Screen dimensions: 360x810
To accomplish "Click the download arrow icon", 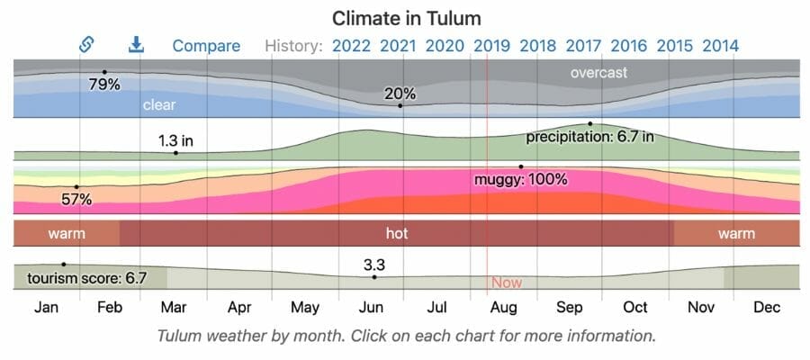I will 136,44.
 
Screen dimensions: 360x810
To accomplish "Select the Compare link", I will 206,45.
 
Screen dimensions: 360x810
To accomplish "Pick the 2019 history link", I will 491,45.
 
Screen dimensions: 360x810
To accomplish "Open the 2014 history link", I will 721,45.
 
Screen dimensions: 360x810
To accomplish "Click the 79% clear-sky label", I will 104,85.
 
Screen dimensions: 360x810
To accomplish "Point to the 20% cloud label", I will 400,94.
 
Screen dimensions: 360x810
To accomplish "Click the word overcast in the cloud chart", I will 598,72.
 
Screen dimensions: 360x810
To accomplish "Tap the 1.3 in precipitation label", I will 176,140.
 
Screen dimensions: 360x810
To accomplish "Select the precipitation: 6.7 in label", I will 590,137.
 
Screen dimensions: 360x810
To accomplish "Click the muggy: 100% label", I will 521,179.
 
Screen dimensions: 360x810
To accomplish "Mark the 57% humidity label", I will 76,199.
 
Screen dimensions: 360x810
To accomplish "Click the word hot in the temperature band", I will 397,233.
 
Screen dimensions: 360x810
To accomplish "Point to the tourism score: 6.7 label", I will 86,277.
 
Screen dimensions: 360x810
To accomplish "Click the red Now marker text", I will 507,283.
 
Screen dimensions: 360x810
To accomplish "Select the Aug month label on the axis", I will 504,308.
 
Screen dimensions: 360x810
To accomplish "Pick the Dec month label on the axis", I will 767,308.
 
